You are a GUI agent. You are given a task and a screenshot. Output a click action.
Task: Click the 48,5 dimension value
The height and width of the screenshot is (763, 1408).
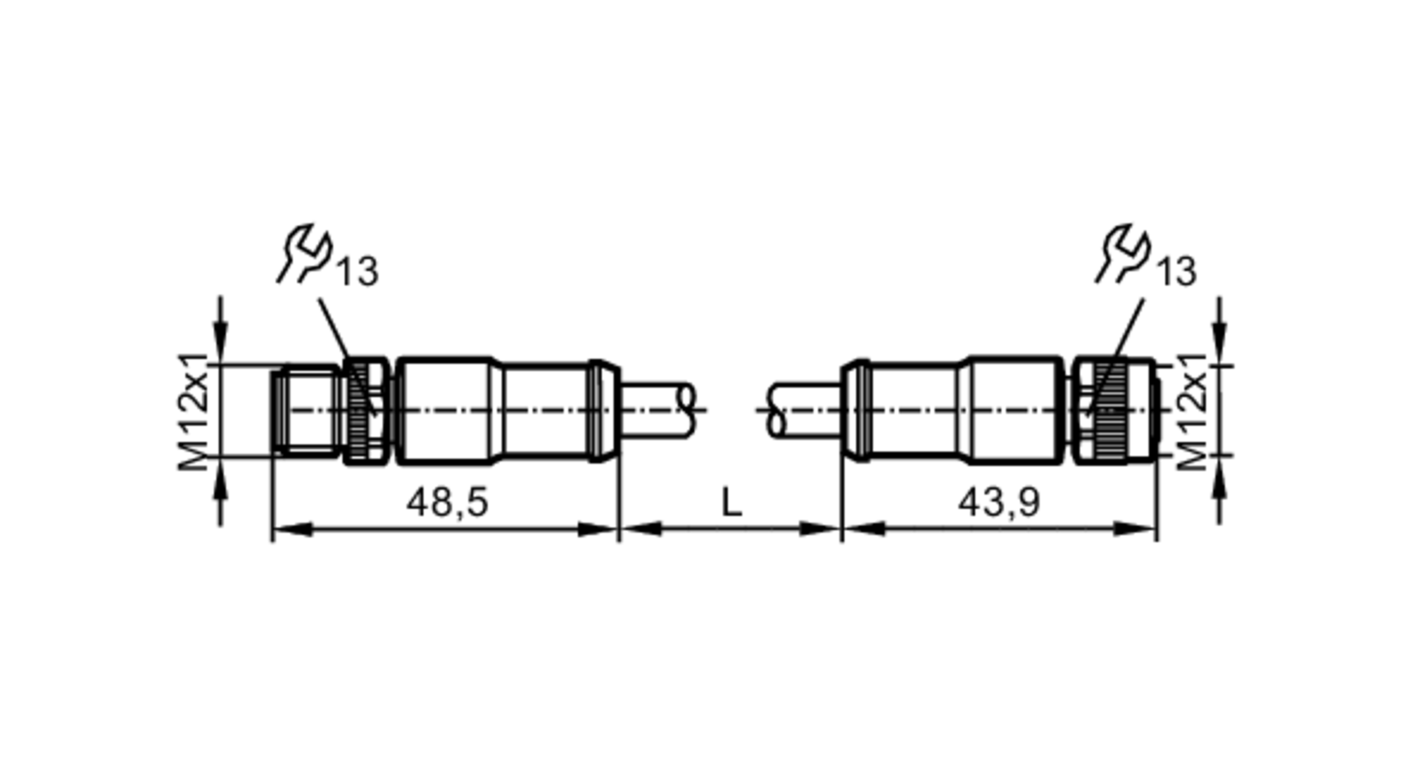(447, 503)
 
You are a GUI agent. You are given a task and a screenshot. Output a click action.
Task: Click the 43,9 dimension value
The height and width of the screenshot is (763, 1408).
(998, 503)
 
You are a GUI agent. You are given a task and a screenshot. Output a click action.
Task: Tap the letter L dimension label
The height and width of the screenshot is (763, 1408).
(731, 503)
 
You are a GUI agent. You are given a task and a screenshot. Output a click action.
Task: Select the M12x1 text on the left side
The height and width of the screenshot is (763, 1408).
(194, 411)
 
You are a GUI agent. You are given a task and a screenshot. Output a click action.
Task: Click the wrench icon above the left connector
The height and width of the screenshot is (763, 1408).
(305, 253)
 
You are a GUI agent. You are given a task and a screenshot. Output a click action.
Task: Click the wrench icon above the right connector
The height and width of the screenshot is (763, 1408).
(1124, 253)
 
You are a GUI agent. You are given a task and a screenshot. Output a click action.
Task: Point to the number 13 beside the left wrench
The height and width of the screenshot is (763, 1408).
(357, 272)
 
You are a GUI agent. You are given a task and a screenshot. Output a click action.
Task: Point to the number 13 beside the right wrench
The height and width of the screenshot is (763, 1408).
(1176, 272)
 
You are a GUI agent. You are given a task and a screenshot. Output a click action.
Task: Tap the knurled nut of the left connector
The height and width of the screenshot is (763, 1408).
(365, 411)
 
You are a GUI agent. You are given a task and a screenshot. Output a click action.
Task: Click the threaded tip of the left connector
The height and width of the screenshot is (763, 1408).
(308, 411)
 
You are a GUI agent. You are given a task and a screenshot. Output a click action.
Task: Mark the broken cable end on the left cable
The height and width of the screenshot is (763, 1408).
(686, 410)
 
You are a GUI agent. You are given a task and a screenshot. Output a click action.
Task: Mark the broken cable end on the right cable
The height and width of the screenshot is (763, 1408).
(777, 410)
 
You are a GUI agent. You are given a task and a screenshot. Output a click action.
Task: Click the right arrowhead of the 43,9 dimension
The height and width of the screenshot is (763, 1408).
(1138, 529)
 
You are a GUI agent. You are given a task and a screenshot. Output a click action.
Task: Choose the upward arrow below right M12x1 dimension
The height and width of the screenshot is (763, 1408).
(1221, 486)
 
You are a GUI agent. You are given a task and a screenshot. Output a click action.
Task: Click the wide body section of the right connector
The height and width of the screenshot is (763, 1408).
(1014, 411)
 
